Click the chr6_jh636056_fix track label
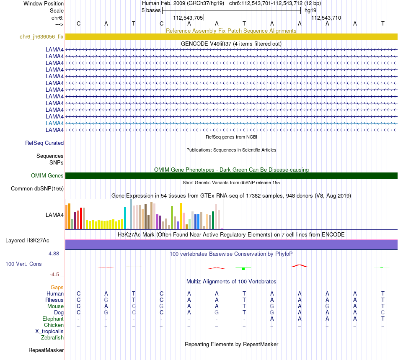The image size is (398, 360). [41, 36]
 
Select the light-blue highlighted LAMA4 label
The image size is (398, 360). [54, 123]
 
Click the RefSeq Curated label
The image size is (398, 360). [44, 143]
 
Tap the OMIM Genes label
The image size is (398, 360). [47, 175]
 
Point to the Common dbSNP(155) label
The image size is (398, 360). [37, 188]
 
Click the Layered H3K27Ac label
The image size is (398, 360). [27, 240]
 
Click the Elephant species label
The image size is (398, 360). [53, 319]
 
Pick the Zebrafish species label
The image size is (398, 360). [52, 337]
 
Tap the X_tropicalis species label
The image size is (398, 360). [49, 331]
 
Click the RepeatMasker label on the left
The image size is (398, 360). [46, 350]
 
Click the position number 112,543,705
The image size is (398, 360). [188, 18]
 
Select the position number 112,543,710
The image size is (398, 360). [326, 18]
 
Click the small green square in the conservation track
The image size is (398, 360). [243, 268]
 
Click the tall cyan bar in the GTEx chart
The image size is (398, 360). [125, 218]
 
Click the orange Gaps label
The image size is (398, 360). [57, 287]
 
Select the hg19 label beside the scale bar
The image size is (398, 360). [310, 10]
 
